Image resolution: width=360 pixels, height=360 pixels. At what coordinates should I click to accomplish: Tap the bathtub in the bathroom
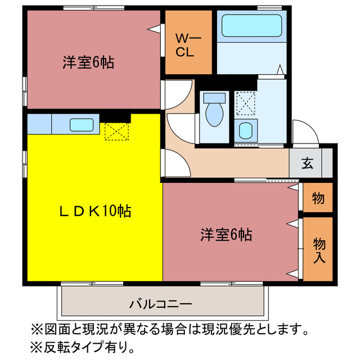point(251,26)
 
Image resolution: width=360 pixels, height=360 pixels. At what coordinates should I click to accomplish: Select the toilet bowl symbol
point(214,114)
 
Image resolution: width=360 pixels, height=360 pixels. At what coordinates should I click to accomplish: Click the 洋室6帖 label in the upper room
point(88,63)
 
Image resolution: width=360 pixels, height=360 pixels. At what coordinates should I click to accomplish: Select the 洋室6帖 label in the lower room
point(226,234)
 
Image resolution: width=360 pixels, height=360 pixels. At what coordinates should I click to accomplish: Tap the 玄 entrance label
point(307,164)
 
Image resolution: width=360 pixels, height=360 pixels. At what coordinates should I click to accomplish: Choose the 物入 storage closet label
point(319,250)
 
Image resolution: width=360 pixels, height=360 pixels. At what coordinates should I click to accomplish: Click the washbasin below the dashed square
point(245,132)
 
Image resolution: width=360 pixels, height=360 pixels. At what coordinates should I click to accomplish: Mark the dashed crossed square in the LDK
point(116,131)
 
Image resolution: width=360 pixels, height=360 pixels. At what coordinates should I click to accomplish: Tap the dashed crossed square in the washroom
point(245,103)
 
